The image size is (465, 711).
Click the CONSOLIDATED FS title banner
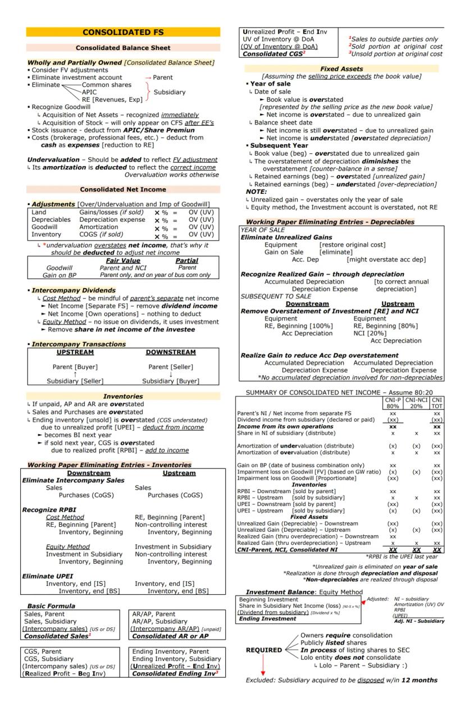click(123, 32)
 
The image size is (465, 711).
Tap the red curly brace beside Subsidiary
click(148, 92)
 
